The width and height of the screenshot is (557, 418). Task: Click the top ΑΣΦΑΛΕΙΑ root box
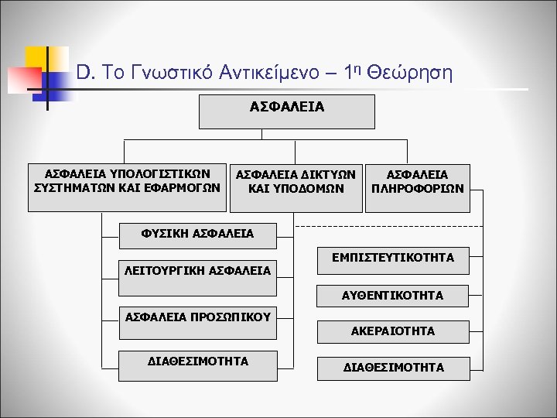(287, 111)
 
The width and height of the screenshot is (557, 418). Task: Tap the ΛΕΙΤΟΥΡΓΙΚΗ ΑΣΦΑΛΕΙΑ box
(198, 271)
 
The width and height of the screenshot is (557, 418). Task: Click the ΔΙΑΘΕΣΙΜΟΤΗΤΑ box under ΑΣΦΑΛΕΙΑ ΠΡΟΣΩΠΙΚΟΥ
(198, 361)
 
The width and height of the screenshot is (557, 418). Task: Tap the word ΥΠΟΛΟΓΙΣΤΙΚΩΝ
(163, 174)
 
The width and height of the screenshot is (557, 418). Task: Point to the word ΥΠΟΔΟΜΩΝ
(313, 188)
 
